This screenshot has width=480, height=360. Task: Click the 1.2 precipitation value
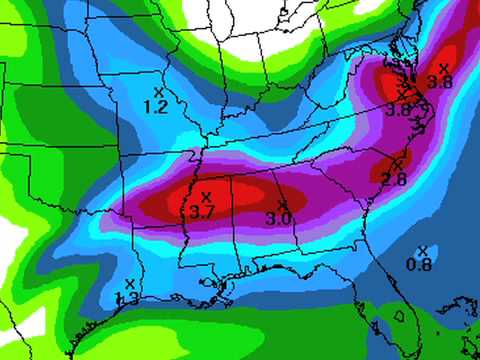(x=155, y=106)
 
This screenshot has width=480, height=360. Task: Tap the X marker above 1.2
(x=158, y=92)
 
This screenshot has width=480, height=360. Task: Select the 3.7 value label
(x=202, y=211)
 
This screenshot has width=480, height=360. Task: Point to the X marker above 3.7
(x=206, y=196)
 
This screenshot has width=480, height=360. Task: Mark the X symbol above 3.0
(x=282, y=204)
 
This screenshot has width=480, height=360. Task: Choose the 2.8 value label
(x=394, y=179)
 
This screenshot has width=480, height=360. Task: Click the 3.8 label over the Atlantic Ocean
(x=440, y=81)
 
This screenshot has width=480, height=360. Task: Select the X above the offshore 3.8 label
(x=443, y=67)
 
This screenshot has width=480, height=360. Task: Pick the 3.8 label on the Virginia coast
(x=399, y=109)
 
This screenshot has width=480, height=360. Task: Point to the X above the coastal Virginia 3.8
(x=403, y=93)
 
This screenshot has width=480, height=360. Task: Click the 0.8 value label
(x=419, y=264)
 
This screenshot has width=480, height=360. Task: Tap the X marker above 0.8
(x=422, y=250)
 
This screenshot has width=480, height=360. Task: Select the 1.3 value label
(x=128, y=297)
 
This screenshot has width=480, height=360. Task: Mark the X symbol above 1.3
(x=130, y=284)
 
